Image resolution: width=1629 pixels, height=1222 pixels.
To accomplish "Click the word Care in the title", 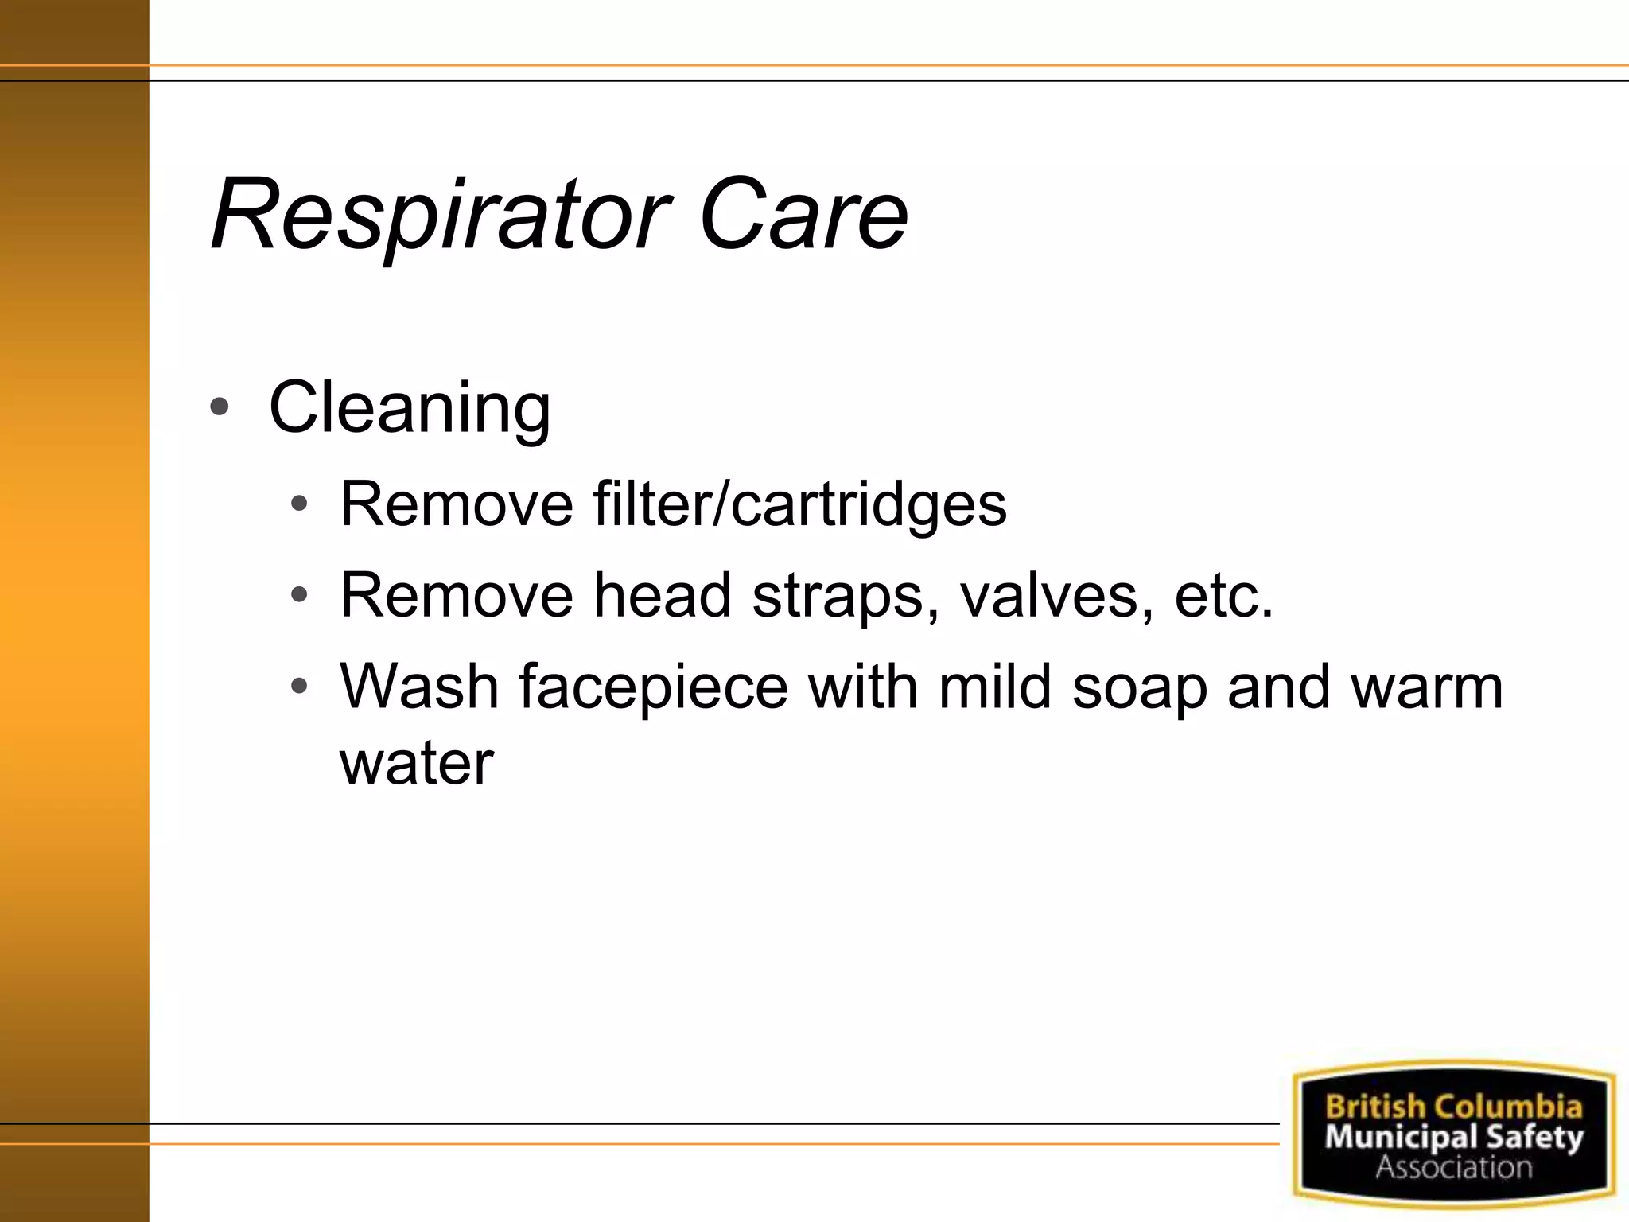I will tap(803, 215).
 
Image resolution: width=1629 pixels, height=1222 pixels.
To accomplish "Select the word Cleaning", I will tap(410, 408).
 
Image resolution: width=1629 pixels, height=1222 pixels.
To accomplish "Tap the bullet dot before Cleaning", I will tap(220, 408).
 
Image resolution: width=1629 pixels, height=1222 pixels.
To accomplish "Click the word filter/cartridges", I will tap(799, 504).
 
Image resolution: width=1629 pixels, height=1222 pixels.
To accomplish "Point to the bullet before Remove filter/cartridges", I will tap(299, 504).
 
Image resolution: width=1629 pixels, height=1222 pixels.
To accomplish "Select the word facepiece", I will tap(653, 687).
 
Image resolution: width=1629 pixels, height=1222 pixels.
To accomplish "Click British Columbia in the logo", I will tap(1453, 1107).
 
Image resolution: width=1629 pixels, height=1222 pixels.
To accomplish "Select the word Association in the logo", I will tap(1453, 1167).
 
